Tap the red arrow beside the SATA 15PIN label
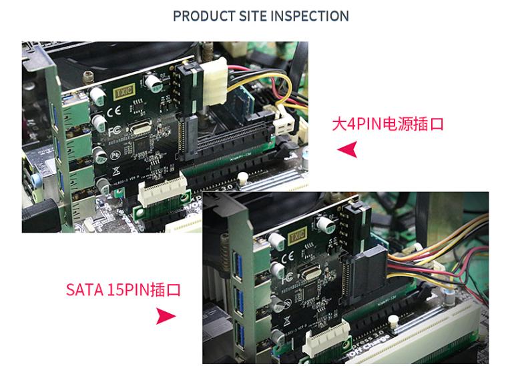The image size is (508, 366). [x=165, y=316]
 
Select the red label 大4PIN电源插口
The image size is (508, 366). [x=388, y=124]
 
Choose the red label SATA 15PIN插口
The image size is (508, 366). [x=123, y=290]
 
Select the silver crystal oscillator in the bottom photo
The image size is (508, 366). [x=311, y=271]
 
